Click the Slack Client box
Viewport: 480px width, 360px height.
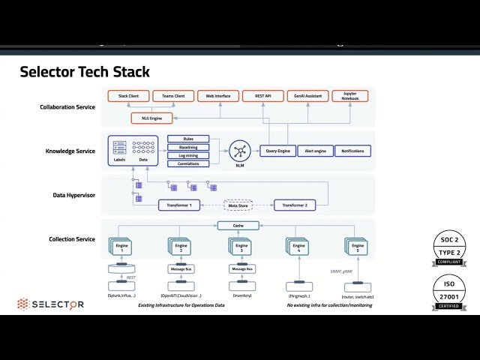tap(128, 96)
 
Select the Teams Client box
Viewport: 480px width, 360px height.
tap(173, 96)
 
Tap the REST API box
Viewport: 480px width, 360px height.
tap(262, 96)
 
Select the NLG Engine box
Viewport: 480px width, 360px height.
tap(151, 118)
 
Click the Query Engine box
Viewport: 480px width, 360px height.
tap(277, 151)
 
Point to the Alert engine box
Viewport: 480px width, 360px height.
tap(314, 151)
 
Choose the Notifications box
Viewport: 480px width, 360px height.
tap(352, 151)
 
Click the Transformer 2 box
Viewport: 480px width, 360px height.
tap(295, 205)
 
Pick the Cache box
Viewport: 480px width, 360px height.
tap(238, 225)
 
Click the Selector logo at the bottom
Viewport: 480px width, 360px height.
tap(51, 304)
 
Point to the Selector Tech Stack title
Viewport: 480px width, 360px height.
tap(84, 73)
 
